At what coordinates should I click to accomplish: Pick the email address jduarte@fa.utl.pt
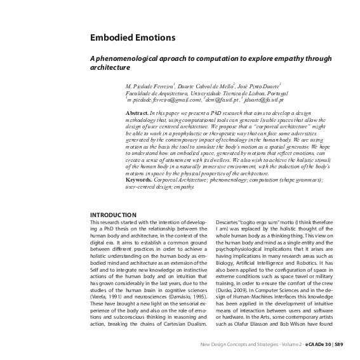(x=264, y=100)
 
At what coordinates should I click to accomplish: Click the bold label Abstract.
(x=137, y=112)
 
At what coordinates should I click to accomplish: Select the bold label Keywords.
(x=140, y=180)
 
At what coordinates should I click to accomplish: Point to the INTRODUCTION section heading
(x=113, y=215)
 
